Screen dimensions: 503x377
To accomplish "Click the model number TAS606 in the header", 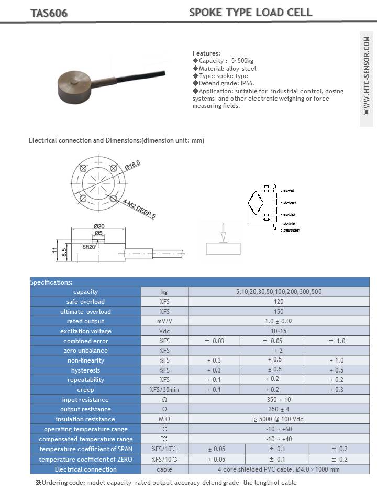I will pos(49,13).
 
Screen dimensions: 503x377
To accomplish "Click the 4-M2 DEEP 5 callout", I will pos(140,208).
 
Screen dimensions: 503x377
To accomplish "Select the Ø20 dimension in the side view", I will pos(99,226).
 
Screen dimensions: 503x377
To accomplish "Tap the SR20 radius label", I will pos(88,246).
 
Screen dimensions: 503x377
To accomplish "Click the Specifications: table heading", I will pos(52,282).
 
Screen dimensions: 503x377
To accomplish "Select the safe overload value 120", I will pos(279,301).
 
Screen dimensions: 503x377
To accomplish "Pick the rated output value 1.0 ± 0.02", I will pos(279,321).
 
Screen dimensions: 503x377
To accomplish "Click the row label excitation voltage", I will pos(85,331).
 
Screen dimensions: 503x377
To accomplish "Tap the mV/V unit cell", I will pos(164,321).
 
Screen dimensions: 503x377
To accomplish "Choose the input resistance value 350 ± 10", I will pos(279,400).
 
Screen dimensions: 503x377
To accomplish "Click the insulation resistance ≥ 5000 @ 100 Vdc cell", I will pos(279,419).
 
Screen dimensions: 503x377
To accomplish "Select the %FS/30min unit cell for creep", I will pos(164,390).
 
